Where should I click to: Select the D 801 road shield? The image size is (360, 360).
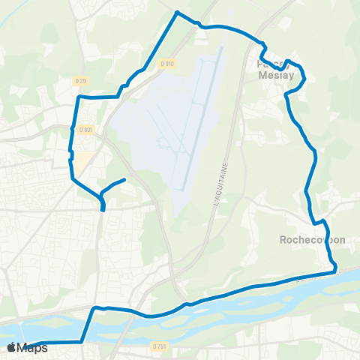[88, 129]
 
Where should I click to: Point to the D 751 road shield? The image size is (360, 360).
[157, 346]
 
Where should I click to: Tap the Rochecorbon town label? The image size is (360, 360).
[312, 240]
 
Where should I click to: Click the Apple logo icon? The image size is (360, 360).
[11, 347]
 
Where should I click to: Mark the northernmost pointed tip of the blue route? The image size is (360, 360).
[177, 12]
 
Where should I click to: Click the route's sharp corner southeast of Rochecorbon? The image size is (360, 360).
[335, 267]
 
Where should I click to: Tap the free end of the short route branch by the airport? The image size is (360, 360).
[124, 179]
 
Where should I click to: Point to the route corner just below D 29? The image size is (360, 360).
[79, 97]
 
